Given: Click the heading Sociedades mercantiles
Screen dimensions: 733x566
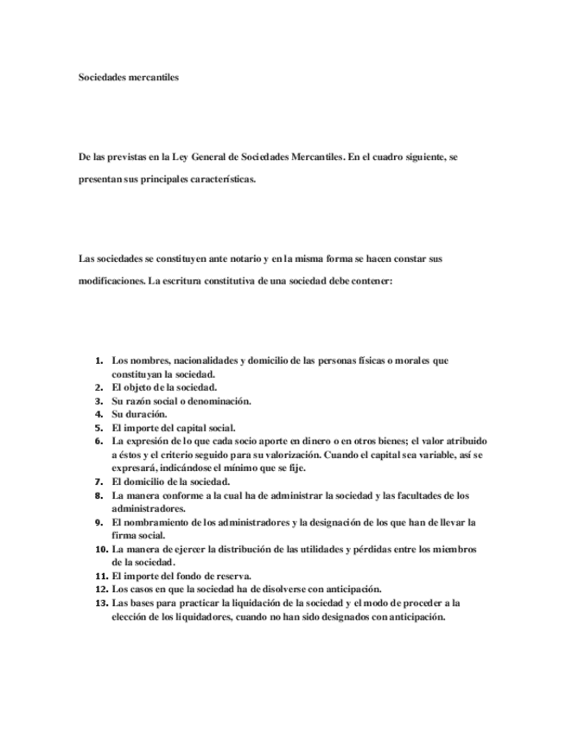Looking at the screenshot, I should (128, 77).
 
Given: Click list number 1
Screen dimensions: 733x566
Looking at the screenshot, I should (100, 360).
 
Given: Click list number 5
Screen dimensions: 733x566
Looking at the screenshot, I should (100, 427).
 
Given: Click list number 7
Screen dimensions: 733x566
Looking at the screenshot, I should (100, 481).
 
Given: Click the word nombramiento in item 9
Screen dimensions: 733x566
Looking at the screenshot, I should (163, 523).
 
